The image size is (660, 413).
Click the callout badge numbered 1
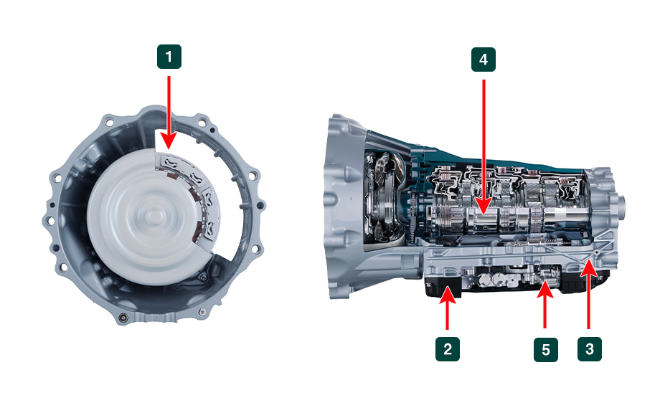169,57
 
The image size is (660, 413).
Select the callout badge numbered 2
448,348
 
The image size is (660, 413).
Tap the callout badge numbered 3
589,348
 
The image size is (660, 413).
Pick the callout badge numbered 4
484,60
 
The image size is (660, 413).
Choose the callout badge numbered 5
545,349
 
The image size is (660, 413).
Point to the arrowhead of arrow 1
169,141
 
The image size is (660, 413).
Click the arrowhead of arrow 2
448,293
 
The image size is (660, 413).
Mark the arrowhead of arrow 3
588,268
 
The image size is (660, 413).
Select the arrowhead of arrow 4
484,206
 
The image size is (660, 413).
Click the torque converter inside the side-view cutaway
385,198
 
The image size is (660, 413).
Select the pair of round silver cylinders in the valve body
492,279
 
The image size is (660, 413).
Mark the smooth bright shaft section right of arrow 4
564,215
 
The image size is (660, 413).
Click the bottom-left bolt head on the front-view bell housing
123,318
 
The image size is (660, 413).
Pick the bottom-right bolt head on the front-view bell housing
202,312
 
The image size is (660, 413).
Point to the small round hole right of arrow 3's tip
598,252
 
